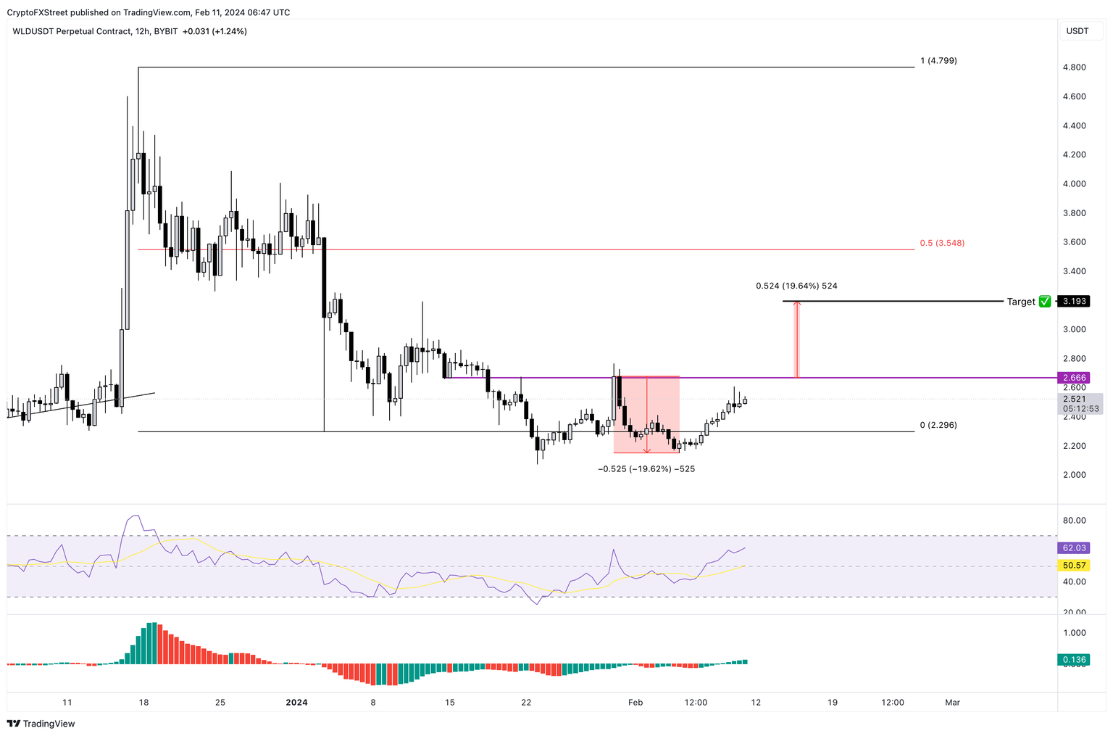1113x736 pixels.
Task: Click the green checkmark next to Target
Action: point(1044,302)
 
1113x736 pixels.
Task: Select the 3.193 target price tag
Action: point(1074,301)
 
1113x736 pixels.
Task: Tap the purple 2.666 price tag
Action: point(1074,378)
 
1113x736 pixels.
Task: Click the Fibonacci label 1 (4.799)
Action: point(938,61)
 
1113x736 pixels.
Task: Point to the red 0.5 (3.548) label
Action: point(942,243)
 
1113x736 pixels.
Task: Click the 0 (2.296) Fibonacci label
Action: point(938,425)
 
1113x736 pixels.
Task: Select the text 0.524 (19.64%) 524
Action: point(796,286)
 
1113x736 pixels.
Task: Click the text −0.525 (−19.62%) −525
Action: point(646,469)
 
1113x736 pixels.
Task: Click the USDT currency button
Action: point(1077,31)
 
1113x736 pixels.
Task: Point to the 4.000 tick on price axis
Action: point(1074,184)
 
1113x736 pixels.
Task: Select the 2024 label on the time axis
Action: point(297,702)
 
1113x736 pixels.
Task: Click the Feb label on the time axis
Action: point(635,702)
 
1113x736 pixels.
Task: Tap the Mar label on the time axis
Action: point(953,702)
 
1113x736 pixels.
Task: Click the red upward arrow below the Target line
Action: point(796,338)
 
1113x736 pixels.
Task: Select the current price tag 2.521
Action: point(1074,399)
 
